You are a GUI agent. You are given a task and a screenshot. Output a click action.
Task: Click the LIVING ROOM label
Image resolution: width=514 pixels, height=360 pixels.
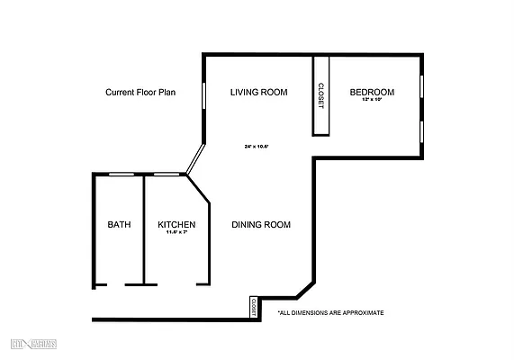pos(258,92)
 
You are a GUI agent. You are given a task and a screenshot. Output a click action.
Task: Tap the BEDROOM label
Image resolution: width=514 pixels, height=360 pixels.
pos(372,92)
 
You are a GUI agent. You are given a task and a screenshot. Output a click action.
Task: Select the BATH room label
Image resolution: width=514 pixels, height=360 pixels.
pos(119,225)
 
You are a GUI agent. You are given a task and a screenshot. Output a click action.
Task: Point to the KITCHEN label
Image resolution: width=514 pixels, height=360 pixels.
pos(176,225)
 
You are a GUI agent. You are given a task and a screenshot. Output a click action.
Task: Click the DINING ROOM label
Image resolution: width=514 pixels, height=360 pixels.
pos(261,225)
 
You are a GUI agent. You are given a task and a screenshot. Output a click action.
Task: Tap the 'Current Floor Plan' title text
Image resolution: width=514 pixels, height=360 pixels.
pos(140,92)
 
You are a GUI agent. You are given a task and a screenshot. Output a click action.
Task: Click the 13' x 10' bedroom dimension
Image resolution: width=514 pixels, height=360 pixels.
pos(372,100)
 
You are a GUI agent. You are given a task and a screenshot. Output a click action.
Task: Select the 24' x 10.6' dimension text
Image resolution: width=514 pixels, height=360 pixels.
pos(257,146)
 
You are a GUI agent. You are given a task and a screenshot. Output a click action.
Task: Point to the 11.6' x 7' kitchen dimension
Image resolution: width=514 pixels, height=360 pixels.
pos(176,233)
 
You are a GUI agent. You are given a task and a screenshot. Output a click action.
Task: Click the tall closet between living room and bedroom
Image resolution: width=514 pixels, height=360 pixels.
pos(321,95)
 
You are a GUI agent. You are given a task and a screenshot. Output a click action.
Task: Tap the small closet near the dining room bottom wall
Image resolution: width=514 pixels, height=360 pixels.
pos(254,307)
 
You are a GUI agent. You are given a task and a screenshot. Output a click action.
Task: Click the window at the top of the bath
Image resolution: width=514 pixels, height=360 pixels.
pos(122,174)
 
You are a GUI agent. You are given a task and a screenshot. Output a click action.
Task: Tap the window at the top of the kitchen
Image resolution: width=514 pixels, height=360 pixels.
pos(166,174)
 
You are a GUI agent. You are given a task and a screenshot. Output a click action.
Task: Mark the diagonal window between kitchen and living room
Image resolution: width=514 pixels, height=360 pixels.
pos(194,160)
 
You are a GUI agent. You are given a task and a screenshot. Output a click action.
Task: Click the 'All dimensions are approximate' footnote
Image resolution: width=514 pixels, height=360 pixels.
pos(330,313)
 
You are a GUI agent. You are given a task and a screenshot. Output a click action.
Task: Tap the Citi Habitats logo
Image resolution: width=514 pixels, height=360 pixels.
pos(34,345)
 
